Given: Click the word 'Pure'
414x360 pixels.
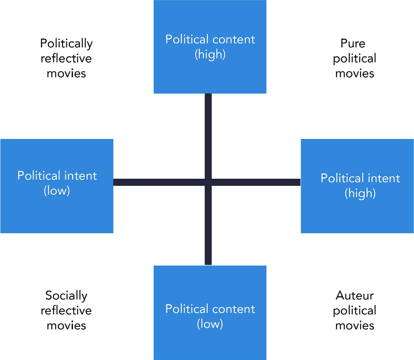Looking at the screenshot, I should coord(353,43).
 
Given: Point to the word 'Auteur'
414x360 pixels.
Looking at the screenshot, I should coord(354,295).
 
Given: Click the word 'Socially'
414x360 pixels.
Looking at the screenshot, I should coord(66,295).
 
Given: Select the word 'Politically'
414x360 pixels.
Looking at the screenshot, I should coord(66,43).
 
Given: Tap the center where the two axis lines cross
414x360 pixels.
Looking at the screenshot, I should coord(208,182).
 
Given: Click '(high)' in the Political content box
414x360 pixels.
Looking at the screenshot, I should coord(210,54).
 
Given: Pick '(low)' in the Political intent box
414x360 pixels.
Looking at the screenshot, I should coord(57,191).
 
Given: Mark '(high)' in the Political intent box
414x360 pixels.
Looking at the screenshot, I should coord(360,193).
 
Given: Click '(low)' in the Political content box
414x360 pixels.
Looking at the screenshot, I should coord(210,324).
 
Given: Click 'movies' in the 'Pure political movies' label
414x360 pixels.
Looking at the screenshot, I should coord(354,73).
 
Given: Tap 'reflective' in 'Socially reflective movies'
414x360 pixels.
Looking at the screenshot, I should coord(66,310).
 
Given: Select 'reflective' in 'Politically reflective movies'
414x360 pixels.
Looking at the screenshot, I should coord(66,58).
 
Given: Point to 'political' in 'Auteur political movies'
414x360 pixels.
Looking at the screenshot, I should coord(354,310).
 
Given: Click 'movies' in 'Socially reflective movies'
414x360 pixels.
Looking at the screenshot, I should coord(66,325).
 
